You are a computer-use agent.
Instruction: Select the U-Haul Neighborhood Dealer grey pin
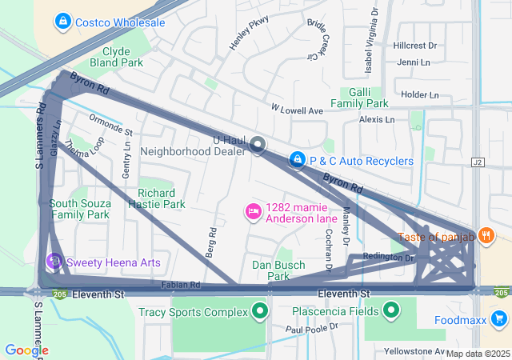[x=258, y=145]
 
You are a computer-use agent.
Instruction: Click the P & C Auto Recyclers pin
[x=298, y=161]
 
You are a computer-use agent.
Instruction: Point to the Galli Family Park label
[x=359, y=98]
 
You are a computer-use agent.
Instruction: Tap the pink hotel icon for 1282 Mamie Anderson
[x=253, y=212]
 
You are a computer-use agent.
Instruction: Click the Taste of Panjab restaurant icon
[x=486, y=236]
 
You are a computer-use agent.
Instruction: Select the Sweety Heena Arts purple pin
[x=54, y=262]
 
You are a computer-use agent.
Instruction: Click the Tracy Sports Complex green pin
[x=259, y=311]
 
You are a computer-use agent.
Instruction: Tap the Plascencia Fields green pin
[x=392, y=310]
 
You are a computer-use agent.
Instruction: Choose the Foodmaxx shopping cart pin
[x=499, y=320]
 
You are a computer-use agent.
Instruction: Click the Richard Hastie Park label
[x=156, y=198]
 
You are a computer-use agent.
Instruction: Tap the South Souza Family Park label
[x=78, y=209]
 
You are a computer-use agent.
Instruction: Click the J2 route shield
[x=479, y=162]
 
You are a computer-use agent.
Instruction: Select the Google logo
[x=26, y=350]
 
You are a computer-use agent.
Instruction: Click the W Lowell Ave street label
[x=296, y=109]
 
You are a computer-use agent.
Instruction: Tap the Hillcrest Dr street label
[x=415, y=46]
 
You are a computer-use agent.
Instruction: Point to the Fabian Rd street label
[x=179, y=285]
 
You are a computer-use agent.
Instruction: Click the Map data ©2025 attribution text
[x=478, y=354]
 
